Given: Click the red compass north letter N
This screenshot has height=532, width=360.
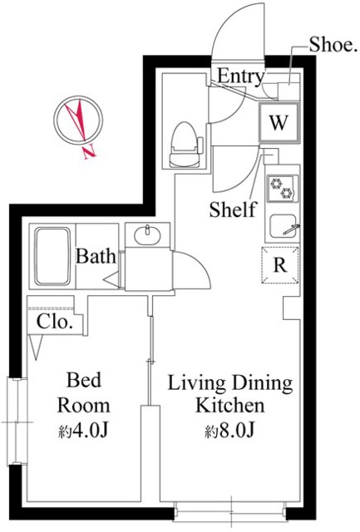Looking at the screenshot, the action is [x=90, y=151].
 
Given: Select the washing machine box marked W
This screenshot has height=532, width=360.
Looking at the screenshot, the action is [x=279, y=122].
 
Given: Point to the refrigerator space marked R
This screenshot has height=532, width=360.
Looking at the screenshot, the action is [x=280, y=265].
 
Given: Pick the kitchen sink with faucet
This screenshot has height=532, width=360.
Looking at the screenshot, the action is [x=284, y=226].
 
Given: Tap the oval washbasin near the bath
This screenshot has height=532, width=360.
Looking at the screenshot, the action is [x=147, y=235].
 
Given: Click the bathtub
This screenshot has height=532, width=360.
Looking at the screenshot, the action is [x=53, y=256].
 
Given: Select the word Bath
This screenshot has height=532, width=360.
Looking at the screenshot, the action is [x=96, y=256].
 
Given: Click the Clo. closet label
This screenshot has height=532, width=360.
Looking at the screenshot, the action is [x=55, y=322].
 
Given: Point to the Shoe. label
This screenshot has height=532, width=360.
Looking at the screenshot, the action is [x=333, y=44].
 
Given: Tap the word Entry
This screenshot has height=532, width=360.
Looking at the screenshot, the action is [x=240, y=76].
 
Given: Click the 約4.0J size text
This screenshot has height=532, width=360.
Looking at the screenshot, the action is [x=83, y=431].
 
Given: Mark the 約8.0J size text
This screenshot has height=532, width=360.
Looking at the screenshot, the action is [x=229, y=431].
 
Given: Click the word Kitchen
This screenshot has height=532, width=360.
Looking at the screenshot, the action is [x=230, y=406].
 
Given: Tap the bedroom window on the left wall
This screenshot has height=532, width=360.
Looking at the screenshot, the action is [x=17, y=421].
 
